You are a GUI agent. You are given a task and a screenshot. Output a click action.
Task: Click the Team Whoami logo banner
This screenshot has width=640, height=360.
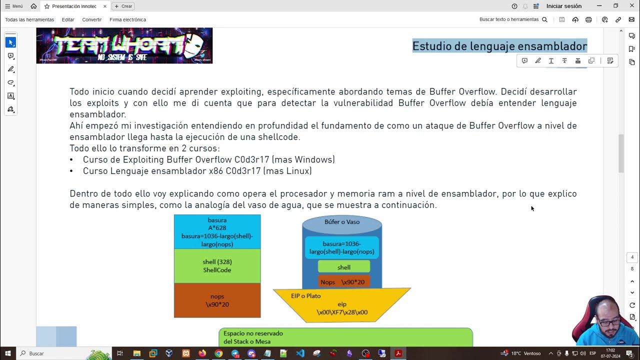(x=124, y=45)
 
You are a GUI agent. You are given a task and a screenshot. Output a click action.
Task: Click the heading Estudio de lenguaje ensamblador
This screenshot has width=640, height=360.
(x=499, y=46)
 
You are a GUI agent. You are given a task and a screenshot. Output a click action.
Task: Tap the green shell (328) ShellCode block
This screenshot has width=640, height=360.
(x=217, y=266)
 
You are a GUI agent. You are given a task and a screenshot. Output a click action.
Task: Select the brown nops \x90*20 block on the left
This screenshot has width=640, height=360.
(x=217, y=300)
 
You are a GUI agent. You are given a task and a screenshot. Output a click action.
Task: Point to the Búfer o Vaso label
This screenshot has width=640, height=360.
(x=342, y=222)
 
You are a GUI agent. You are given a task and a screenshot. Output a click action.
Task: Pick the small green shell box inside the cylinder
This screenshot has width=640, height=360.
(x=344, y=267)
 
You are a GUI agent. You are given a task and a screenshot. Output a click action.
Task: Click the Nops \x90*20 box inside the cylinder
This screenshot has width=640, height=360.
(x=343, y=282)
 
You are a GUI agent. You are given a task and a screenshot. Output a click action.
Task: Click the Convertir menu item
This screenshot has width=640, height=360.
(x=92, y=19)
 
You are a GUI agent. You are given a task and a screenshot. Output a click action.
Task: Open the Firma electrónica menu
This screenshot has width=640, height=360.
(x=127, y=19)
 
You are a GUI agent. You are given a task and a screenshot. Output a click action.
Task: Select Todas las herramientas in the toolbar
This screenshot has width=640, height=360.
(x=29, y=19)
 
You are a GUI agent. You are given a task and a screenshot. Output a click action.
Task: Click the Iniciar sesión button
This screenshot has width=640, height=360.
(x=563, y=6)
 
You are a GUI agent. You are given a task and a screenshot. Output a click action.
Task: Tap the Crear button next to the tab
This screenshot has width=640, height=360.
(x=123, y=6)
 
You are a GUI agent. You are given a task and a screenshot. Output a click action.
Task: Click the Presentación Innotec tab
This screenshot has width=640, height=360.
(x=74, y=6)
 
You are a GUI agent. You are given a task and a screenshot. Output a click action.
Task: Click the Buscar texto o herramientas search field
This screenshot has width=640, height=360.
(x=513, y=19)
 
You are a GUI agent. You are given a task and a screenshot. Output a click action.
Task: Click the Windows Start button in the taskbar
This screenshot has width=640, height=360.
(x=8, y=353)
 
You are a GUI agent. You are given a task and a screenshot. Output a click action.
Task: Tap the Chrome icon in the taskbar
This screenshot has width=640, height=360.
(x=218, y=353)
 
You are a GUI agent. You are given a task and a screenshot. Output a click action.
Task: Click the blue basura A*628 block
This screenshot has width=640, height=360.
(x=217, y=231)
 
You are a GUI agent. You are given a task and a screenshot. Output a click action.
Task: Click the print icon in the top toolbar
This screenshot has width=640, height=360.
(x=588, y=19)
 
